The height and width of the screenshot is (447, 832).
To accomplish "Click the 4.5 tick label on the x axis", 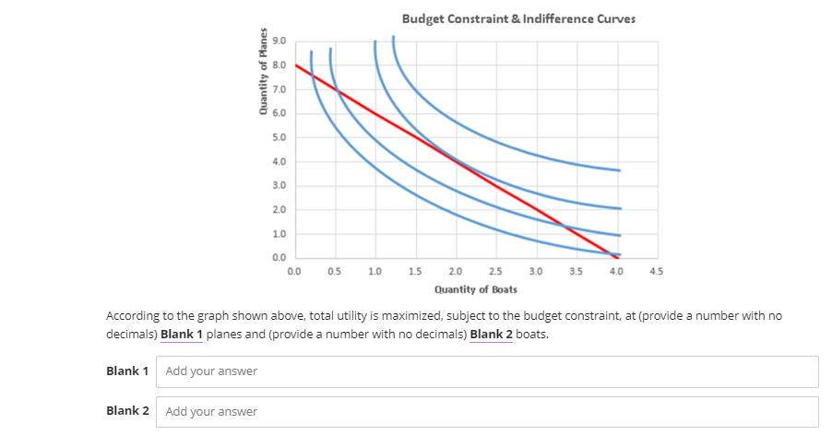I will (x=656, y=272).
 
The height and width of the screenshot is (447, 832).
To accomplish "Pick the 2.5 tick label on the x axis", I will (x=495, y=272).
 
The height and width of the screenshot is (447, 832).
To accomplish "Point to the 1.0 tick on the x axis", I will (x=375, y=272).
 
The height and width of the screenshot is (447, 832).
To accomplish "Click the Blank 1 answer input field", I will (x=487, y=371).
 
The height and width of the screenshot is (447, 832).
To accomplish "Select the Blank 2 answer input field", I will (x=487, y=411).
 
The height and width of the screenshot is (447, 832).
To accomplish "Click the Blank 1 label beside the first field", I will (x=127, y=371).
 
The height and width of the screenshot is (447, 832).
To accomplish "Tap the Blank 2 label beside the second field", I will (x=127, y=411).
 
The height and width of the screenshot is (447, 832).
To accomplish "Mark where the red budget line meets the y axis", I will (x=295, y=65).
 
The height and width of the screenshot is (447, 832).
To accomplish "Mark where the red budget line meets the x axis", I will (x=616, y=257).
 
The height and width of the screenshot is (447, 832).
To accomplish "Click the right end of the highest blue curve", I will (x=619, y=171).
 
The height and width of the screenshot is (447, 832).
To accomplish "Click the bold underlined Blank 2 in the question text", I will (x=491, y=334).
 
